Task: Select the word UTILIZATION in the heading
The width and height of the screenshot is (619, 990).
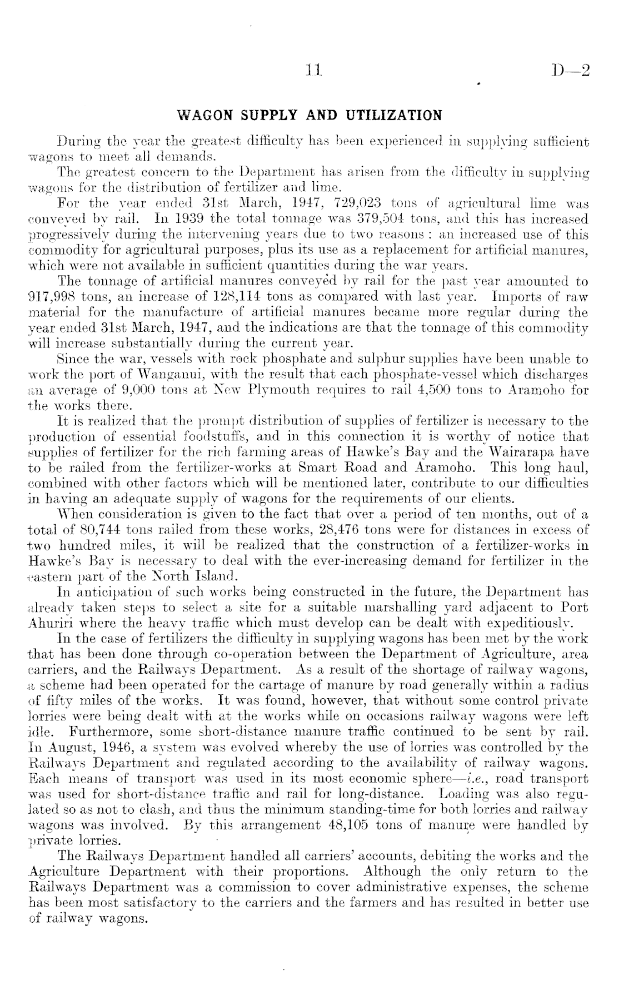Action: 395,116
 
